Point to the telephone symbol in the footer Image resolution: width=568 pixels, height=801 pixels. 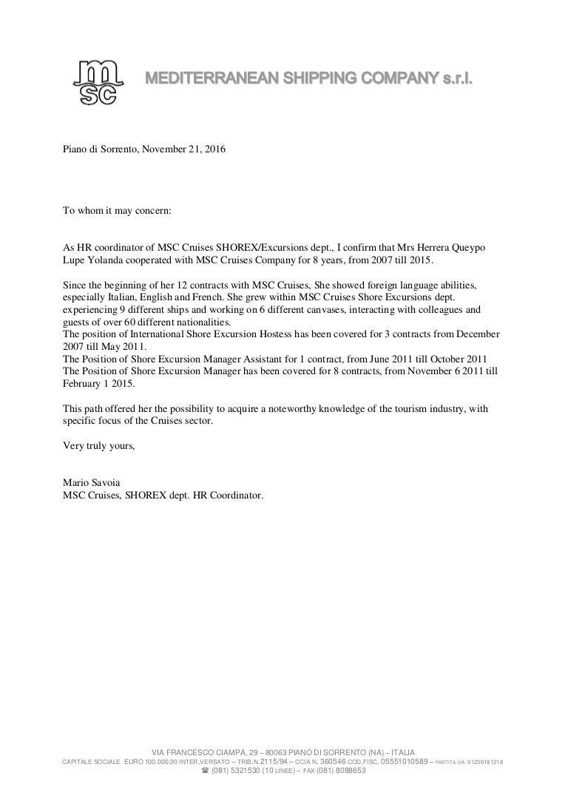coord(205,770)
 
